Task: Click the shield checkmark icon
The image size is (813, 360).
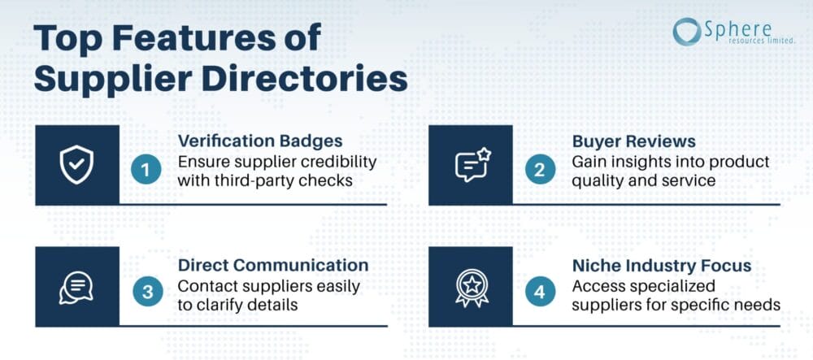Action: (76, 165)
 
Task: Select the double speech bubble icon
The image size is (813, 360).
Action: (76, 288)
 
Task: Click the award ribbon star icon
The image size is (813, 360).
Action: (471, 288)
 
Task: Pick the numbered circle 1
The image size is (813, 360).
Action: (146, 170)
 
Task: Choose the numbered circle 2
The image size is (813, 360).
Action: (540, 170)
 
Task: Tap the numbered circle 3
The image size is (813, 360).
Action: (147, 292)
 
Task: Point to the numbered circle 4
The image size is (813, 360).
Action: (540, 292)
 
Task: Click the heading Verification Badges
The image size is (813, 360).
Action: (260, 141)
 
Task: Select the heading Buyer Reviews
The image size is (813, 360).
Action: (633, 141)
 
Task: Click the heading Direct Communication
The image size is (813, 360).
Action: (273, 265)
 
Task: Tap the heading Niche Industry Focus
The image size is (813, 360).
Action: (662, 265)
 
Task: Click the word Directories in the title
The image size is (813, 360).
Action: (304, 80)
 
